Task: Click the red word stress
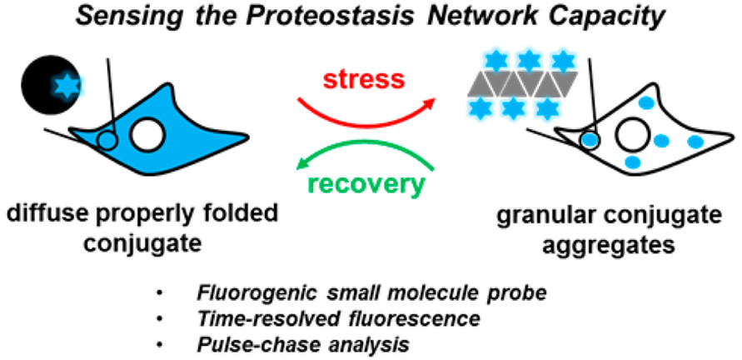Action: click(x=364, y=79)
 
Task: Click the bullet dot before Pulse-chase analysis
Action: click(x=160, y=345)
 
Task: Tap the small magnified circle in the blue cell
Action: click(x=108, y=140)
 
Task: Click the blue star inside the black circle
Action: click(x=65, y=86)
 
